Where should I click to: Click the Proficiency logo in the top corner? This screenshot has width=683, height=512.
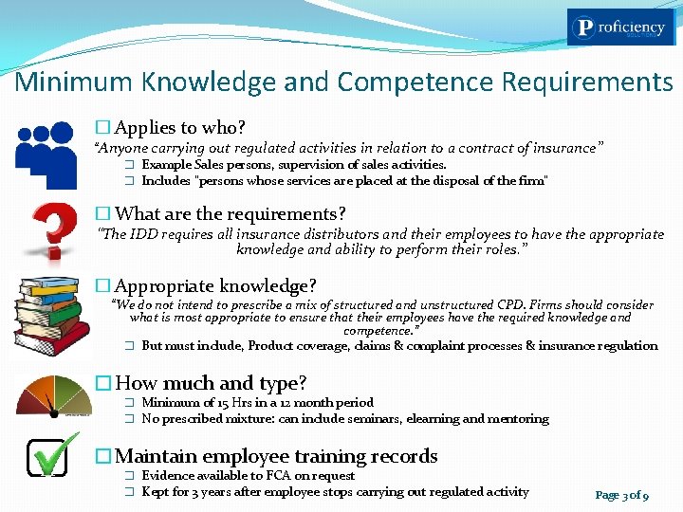[x=621, y=28]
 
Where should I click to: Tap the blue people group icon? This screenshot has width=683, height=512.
[x=45, y=154]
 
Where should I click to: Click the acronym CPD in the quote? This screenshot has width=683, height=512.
[x=462, y=305]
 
